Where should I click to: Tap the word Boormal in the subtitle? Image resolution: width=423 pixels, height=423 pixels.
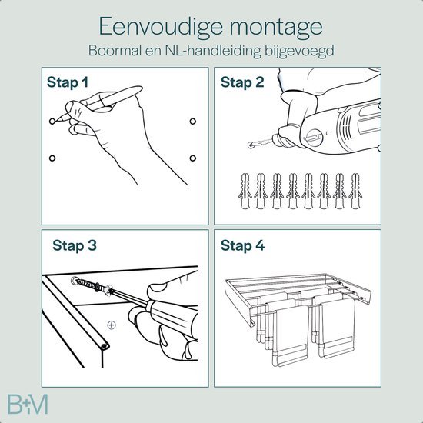(131, 51)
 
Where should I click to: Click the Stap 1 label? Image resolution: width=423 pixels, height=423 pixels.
(67, 82)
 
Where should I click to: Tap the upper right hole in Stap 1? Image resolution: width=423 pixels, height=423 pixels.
(192, 122)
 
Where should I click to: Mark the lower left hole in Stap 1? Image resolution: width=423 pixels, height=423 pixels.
(52, 158)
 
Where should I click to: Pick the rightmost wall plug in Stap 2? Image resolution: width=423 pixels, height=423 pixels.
(355, 193)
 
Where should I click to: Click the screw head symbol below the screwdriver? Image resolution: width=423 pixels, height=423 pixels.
(112, 325)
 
